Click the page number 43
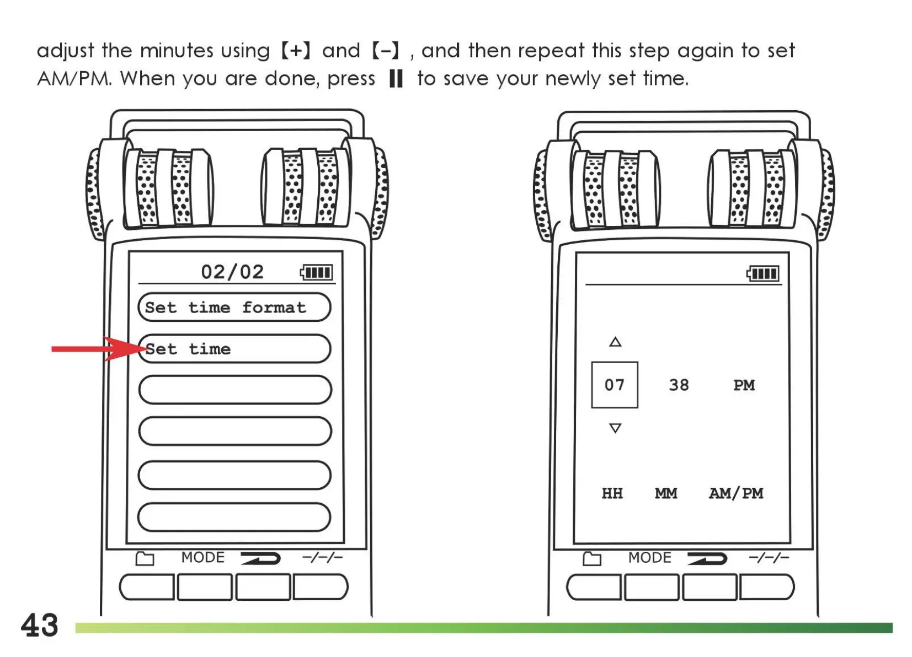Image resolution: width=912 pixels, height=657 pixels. [x=39, y=626]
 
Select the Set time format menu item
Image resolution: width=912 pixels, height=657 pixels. [x=234, y=307]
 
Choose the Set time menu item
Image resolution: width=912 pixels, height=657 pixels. [x=234, y=349]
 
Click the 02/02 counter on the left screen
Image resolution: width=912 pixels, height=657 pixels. [x=232, y=272]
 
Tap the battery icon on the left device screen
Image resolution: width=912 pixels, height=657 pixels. [x=317, y=272]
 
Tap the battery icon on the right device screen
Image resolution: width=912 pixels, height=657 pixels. [x=763, y=273]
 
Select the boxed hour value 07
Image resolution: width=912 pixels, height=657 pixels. [x=614, y=385]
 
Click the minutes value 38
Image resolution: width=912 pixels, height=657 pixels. [x=679, y=385]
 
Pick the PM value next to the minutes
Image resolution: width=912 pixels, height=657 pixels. [x=744, y=385]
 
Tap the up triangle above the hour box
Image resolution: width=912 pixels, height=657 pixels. [x=615, y=342]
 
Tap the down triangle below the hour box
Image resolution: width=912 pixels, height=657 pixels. [x=615, y=428]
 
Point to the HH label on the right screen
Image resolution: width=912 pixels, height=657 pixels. [x=612, y=493]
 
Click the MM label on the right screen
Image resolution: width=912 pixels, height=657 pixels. [x=666, y=493]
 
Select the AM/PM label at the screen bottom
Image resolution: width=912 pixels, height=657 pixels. [x=736, y=493]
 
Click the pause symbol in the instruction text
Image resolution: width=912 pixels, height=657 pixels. [x=396, y=78]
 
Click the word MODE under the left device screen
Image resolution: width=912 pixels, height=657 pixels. [x=202, y=558]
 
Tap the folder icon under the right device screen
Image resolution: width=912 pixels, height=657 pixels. [x=592, y=559]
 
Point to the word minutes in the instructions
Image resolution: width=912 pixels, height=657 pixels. [x=177, y=51]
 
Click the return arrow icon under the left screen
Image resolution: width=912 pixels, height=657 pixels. [x=260, y=558]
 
